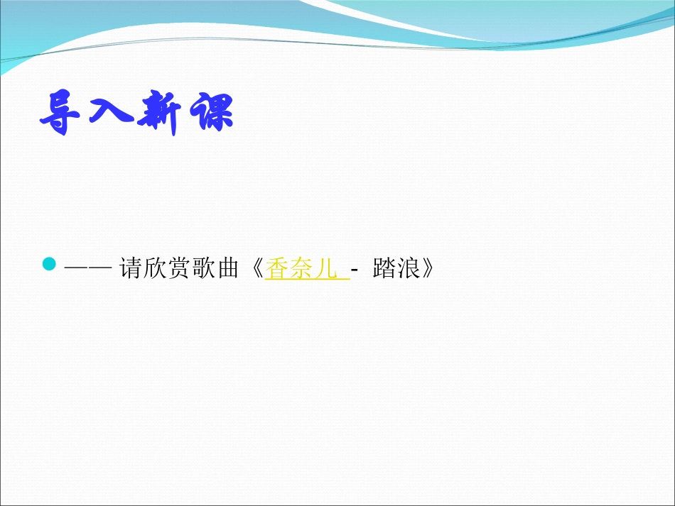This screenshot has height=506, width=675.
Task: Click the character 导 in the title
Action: pyautogui.click(x=62, y=111)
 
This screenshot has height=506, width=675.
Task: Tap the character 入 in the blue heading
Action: pyautogui.click(x=111, y=111)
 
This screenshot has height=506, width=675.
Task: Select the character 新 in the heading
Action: pyautogui.click(x=161, y=111)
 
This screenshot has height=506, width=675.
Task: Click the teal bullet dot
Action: pyautogui.click(x=49, y=265)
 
